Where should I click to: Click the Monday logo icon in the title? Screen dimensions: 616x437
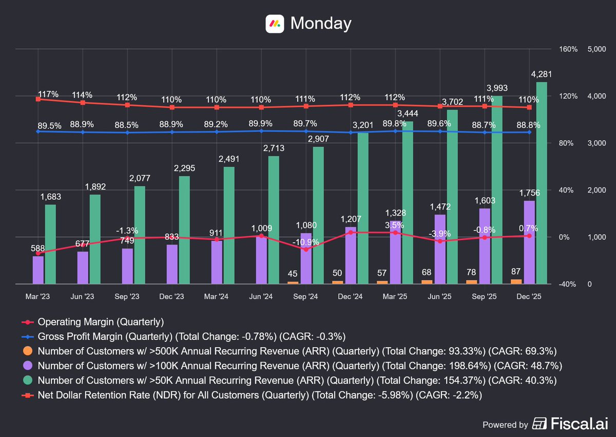[275, 24]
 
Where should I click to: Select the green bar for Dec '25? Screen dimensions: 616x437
[542, 183]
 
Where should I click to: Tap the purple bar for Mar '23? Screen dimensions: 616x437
[38, 270]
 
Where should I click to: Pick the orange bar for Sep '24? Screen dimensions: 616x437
[293, 283]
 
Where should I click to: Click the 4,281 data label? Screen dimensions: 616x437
[541, 74]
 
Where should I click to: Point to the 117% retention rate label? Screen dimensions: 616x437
[48, 94]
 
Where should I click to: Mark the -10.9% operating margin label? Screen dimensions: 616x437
[305, 242]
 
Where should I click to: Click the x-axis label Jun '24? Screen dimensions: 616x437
[261, 296]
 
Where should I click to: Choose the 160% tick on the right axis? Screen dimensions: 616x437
[568, 49]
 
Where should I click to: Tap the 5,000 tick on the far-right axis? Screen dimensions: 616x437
[596, 49]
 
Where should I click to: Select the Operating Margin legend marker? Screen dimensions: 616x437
[28, 322]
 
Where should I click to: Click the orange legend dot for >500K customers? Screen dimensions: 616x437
[28, 351]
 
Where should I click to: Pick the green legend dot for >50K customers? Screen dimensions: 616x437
[28, 380]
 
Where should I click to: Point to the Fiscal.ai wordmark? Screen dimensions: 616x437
[579, 424]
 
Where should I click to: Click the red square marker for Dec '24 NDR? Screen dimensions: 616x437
[351, 105]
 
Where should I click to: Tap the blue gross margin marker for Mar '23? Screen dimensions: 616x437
[38, 131]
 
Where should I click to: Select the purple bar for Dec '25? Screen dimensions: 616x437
[529, 242]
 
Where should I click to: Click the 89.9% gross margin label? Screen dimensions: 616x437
[260, 123]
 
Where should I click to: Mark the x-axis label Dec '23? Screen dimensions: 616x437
[171, 296]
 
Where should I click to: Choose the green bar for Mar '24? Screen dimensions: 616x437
[229, 225]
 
